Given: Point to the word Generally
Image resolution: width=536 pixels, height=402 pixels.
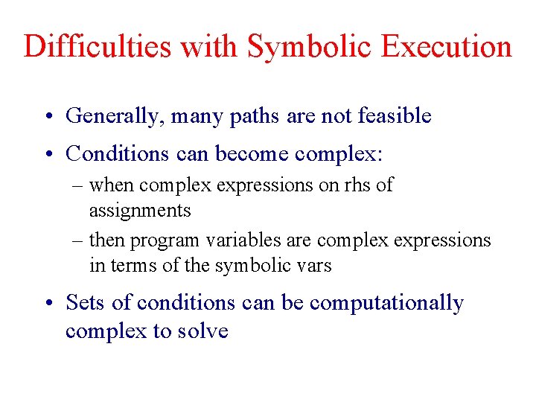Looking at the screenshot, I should coord(115,116).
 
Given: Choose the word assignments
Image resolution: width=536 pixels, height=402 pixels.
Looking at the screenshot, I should coord(140,211).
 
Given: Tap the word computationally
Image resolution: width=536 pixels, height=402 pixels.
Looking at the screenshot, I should coord(386,304).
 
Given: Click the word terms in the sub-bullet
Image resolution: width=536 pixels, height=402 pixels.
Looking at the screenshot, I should coord(130,266).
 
